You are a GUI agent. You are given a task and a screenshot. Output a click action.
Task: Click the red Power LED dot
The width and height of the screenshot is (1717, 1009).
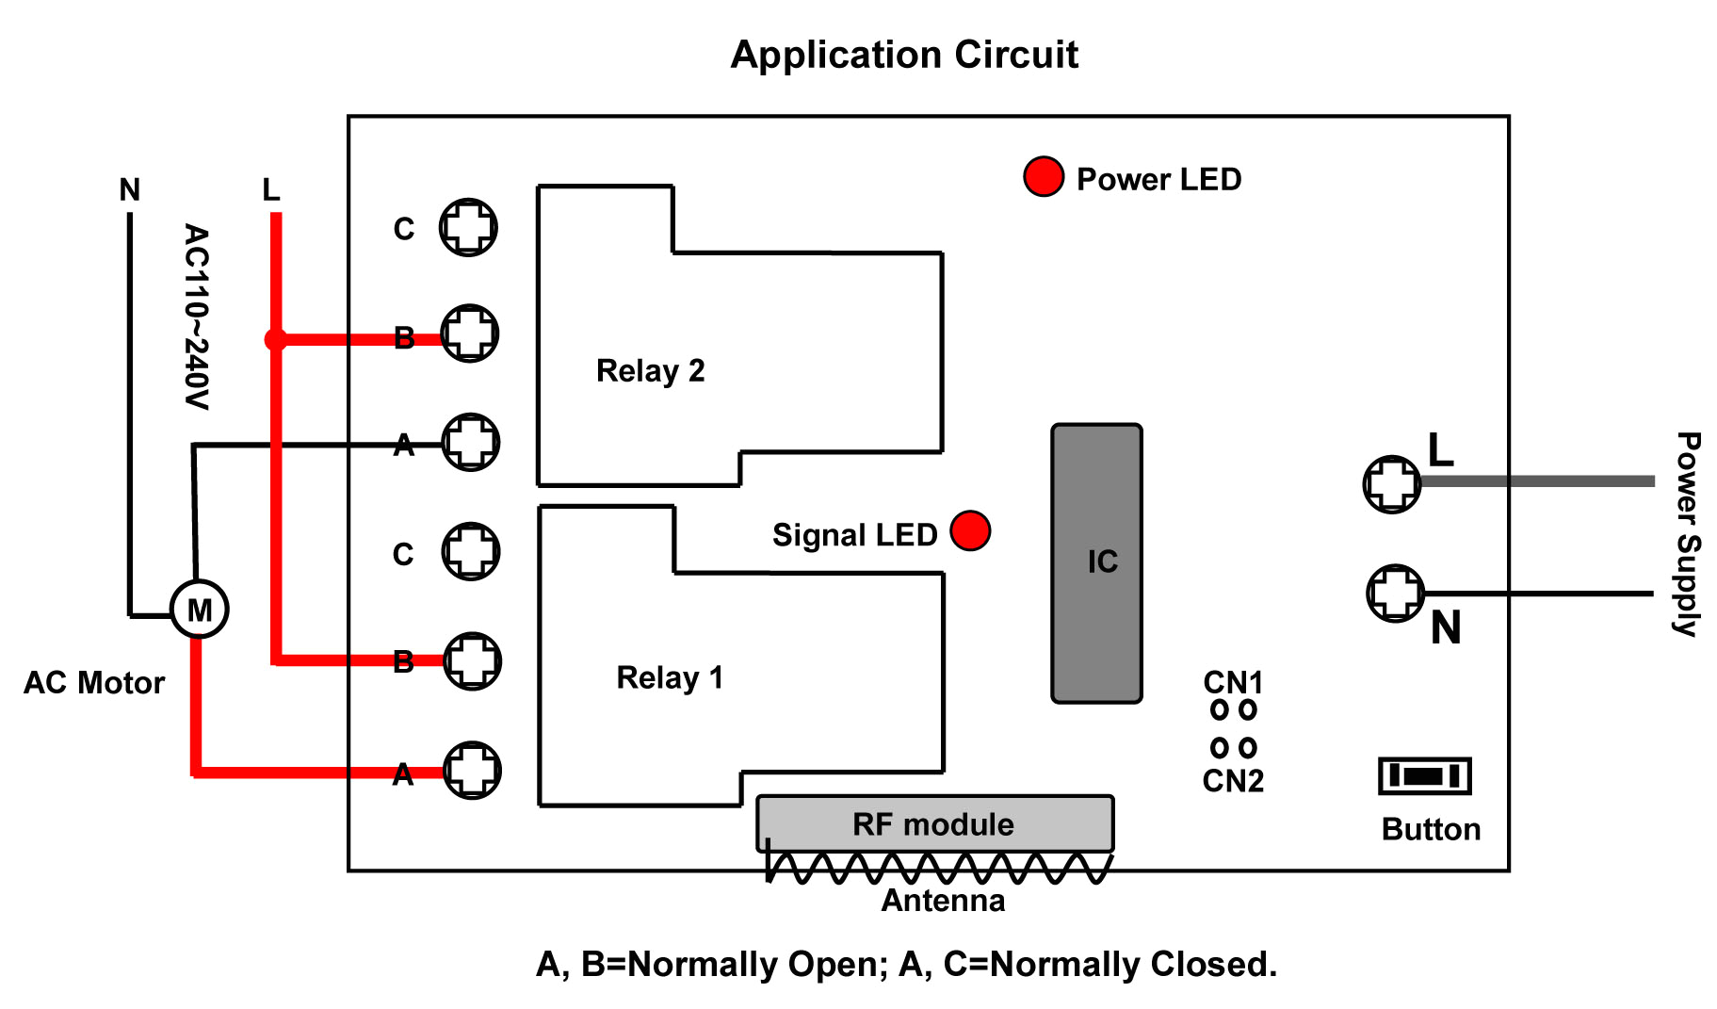point(1044,177)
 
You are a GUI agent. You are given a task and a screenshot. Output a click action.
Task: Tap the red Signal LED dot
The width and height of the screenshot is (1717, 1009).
point(970,530)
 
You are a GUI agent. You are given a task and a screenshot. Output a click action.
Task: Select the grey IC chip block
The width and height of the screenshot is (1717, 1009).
point(1096,563)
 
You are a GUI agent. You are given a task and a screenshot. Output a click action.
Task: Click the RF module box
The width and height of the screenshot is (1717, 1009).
point(934,823)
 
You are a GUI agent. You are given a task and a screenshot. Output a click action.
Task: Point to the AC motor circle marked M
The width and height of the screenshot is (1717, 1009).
point(199,610)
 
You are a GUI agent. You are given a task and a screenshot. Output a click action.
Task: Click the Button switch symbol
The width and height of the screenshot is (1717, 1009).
point(1424,776)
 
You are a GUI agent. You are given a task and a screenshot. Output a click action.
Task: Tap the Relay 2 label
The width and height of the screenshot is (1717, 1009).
point(650,370)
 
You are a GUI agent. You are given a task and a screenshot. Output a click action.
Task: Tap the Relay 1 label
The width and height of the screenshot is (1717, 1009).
point(670,677)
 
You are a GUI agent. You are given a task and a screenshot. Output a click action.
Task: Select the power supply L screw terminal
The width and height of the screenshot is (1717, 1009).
point(1392,484)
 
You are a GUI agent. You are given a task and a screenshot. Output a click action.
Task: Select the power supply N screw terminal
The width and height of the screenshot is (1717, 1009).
point(1395,593)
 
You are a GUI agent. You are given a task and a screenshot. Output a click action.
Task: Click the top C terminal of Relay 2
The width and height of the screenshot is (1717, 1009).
point(468,227)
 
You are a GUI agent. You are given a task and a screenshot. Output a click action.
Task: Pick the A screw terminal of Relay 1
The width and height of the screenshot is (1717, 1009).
point(472,770)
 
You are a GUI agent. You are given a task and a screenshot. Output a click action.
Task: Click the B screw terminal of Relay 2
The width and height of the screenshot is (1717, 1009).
point(469,334)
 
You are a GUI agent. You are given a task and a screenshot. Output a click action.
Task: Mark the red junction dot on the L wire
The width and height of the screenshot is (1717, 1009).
point(275,339)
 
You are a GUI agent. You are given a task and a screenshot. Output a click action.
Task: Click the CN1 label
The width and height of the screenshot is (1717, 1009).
point(1233,681)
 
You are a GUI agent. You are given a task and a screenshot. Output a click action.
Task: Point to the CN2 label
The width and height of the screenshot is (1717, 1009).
point(1233,781)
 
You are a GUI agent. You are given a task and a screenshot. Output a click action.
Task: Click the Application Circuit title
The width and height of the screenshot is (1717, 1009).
point(904,55)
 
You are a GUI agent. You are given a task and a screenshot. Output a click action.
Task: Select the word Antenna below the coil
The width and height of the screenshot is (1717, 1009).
point(943,901)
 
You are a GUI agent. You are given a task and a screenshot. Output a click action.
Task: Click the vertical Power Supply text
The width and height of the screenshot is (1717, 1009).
point(1688,534)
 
